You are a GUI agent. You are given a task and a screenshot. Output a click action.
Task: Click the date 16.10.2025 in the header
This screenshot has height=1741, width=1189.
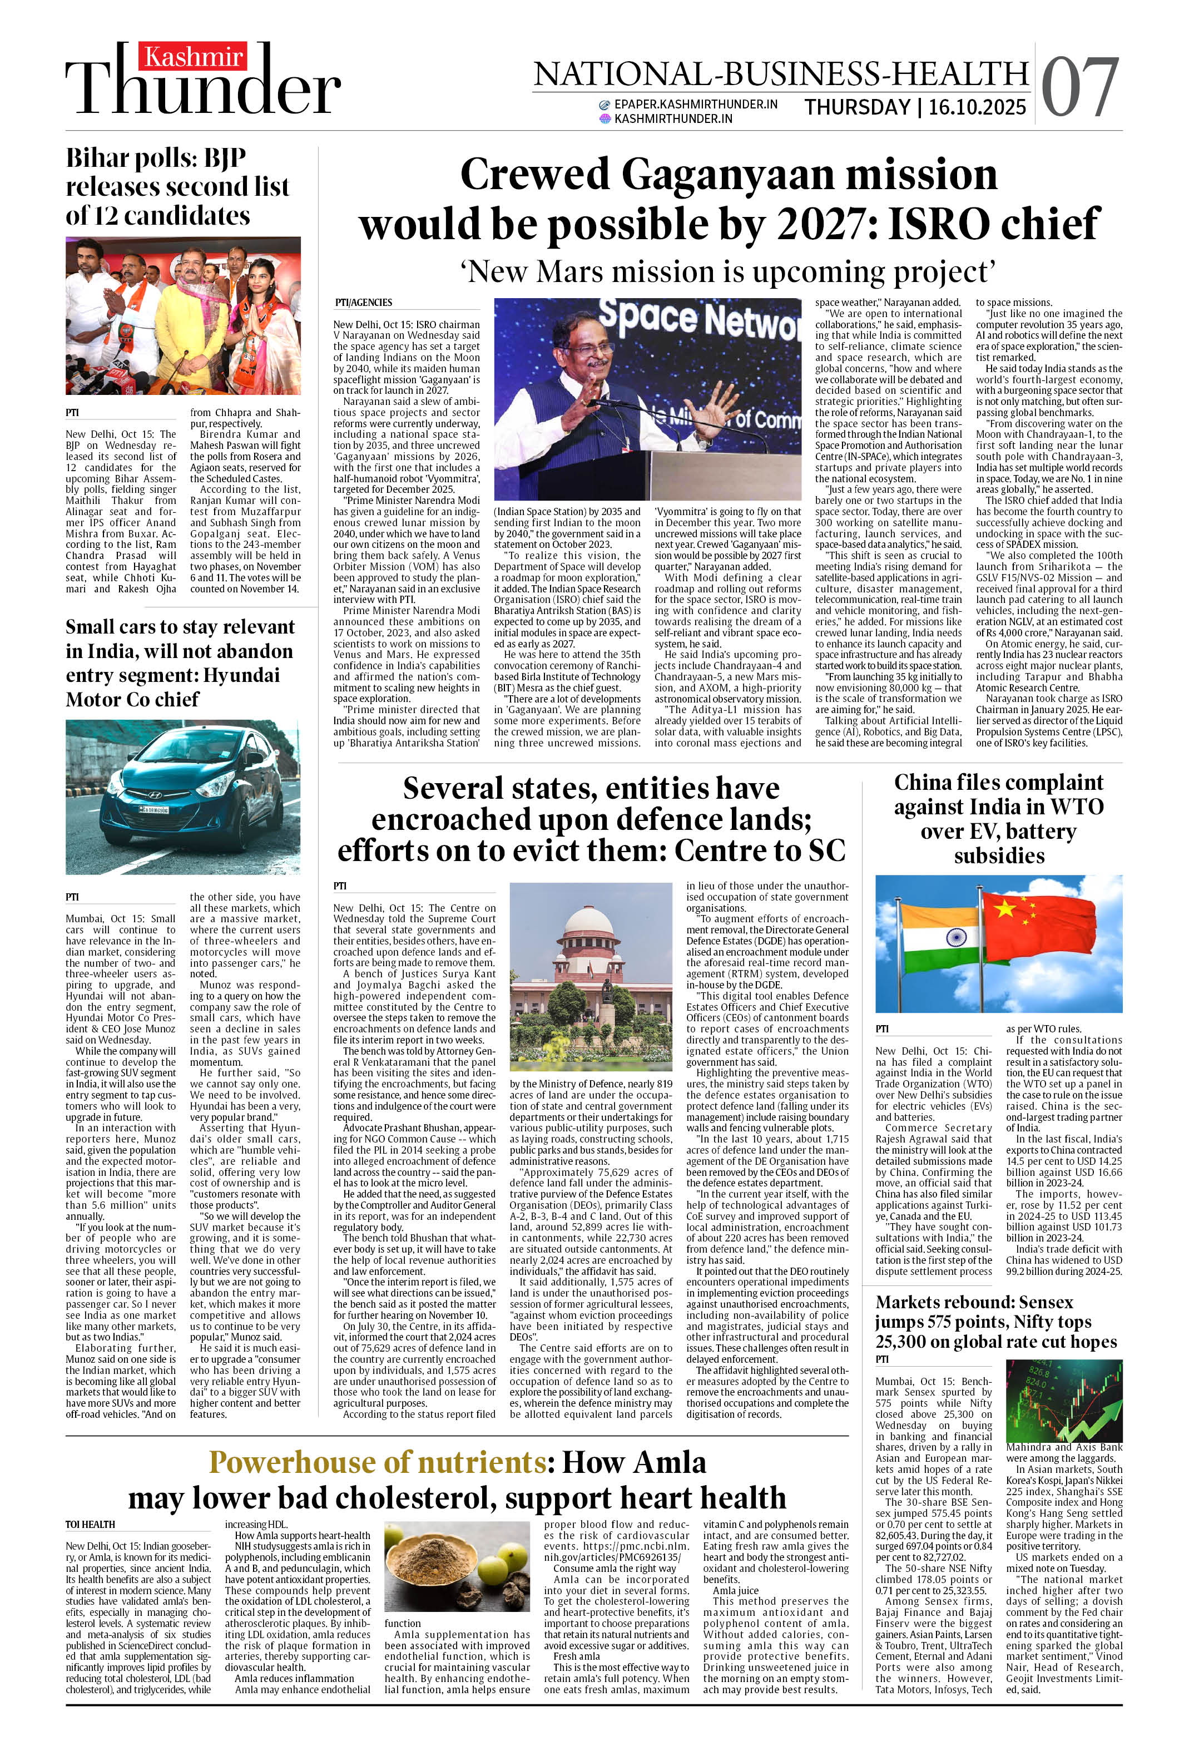click(x=977, y=107)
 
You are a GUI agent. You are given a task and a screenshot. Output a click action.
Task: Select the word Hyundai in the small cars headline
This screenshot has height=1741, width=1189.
click(x=237, y=675)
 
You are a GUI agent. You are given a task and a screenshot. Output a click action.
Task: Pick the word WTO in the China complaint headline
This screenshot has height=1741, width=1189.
click(x=1077, y=807)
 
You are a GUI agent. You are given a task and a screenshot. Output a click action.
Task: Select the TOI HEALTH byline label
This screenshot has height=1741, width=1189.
click(x=90, y=1524)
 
